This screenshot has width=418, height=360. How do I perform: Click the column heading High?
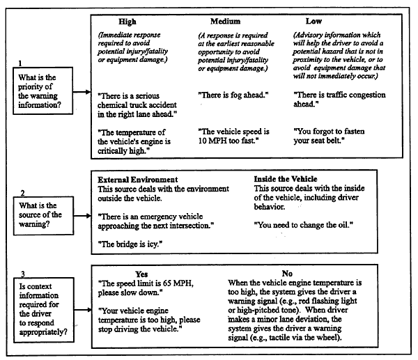click(x=128, y=22)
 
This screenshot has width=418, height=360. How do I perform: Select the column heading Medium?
click(x=227, y=22)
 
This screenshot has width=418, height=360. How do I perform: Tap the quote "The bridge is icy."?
click(x=128, y=245)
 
